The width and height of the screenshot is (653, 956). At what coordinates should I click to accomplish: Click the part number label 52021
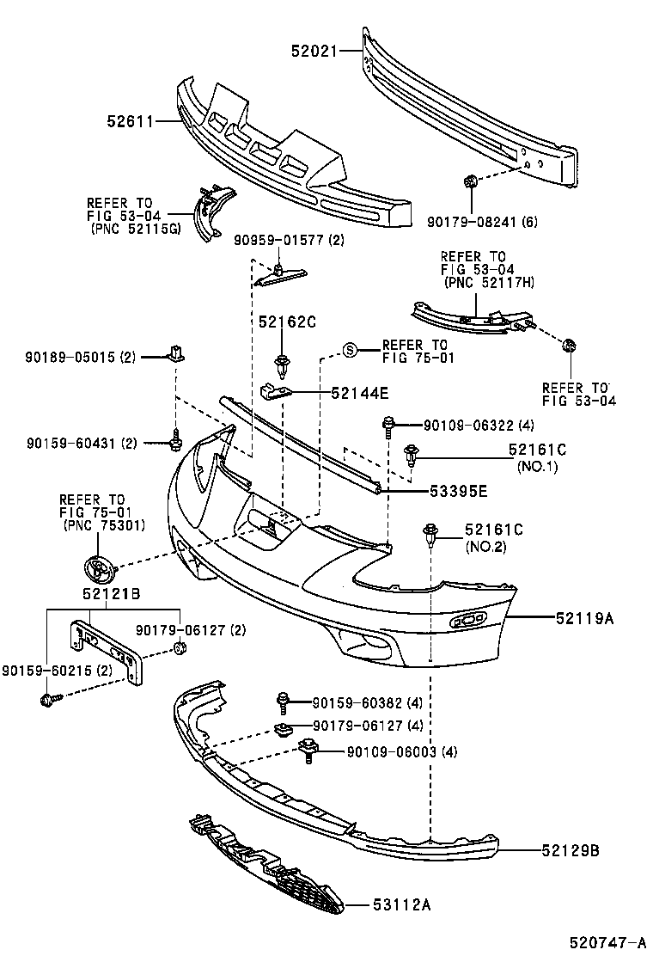coord(314,52)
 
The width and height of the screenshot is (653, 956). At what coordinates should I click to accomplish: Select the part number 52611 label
coord(130,122)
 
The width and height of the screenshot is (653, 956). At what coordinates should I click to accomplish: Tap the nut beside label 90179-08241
coord(470,181)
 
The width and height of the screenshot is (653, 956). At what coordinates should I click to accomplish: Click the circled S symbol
coord(350,349)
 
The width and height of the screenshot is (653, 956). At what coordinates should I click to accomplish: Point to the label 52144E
coord(360,394)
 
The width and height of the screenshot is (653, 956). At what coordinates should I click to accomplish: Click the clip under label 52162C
coord(281,364)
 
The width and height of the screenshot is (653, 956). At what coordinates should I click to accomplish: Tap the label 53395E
coord(459,491)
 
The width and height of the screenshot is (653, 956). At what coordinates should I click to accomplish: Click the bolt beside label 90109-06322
coord(389,424)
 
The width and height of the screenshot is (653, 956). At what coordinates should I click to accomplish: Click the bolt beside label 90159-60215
coord(48,699)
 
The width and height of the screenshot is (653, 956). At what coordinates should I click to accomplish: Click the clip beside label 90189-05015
coord(176,352)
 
